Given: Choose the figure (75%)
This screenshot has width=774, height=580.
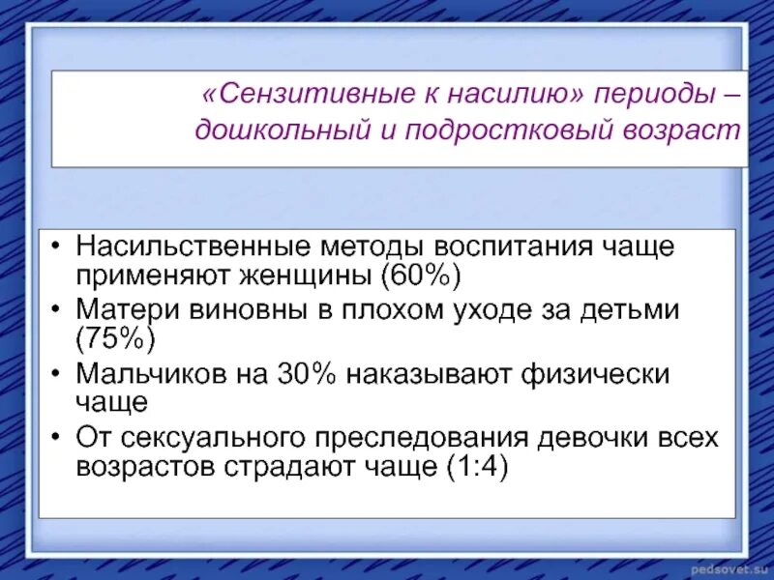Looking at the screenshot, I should pyautogui.click(x=115, y=341).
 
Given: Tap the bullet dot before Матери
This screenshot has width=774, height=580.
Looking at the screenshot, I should pyautogui.click(x=59, y=310).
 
